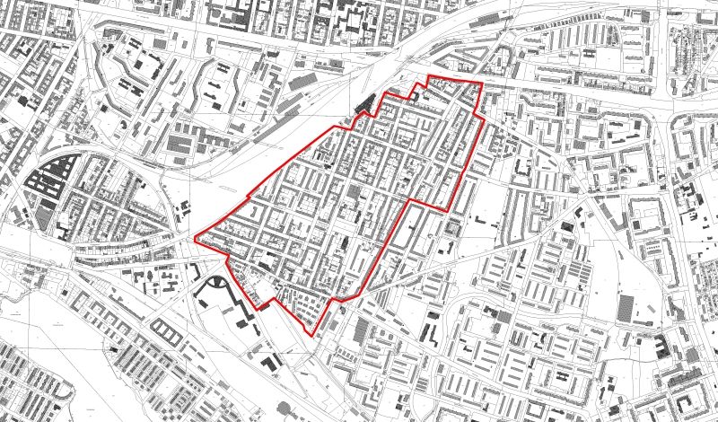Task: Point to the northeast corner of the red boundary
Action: [x=482, y=84]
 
